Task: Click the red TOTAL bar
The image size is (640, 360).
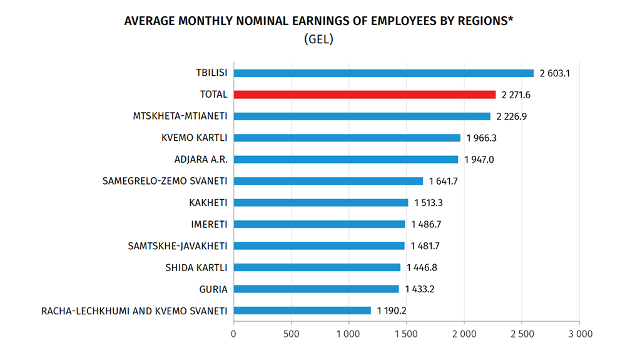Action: tap(364, 95)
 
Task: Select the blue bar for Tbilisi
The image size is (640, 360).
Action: tap(383, 73)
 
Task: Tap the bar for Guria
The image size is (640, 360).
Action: tap(316, 289)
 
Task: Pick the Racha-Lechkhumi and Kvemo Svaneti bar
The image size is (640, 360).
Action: tap(302, 311)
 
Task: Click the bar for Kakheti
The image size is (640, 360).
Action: tap(320, 203)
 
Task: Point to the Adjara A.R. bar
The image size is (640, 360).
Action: tap(345, 160)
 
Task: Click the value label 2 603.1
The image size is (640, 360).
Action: tap(556, 73)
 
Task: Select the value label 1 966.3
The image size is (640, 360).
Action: tap(482, 138)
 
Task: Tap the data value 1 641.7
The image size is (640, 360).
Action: tap(444, 182)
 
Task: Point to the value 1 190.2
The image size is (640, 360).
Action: tap(392, 311)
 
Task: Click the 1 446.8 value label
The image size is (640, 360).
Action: tap(422, 267)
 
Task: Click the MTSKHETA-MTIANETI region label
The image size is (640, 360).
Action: tap(180, 116)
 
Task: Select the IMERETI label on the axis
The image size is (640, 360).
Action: tap(209, 224)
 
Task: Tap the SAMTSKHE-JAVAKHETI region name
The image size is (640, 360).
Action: tap(177, 246)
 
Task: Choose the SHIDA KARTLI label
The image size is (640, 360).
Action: tap(196, 267)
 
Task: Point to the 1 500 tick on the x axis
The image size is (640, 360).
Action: tap(407, 334)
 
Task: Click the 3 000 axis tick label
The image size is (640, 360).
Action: tap(579, 334)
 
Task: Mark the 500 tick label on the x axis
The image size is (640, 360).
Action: tap(291, 334)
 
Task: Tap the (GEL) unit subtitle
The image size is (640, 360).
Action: tap(318, 39)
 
